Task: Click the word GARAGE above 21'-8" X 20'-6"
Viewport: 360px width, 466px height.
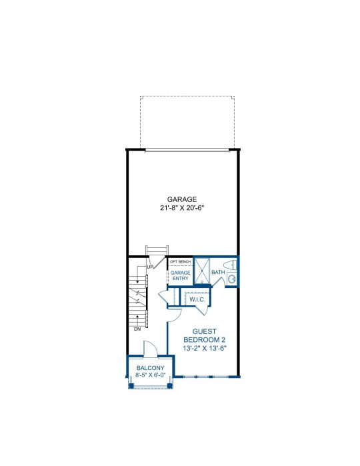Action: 181,199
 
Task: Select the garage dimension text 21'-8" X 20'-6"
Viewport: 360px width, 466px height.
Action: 181,208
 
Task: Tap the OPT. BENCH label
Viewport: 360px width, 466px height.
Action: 181,261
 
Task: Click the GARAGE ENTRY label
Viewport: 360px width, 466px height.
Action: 181,275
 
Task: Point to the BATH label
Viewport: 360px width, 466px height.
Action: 218,272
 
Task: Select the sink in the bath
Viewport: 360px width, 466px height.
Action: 231,279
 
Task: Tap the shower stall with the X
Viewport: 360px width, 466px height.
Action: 202,271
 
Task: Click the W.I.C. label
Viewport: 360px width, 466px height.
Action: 197,299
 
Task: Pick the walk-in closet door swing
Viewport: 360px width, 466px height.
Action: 201,311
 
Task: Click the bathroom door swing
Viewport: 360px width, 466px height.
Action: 218,283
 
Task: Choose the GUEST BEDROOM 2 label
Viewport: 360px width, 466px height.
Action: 205,335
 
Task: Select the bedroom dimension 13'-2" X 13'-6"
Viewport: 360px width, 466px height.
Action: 205,348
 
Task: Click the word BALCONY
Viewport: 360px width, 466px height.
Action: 150,368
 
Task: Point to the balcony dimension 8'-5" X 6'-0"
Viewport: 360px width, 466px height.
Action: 150,375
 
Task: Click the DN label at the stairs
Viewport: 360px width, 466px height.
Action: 137,329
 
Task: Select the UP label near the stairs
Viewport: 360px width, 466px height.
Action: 150,267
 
